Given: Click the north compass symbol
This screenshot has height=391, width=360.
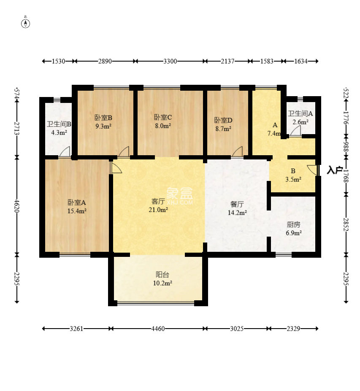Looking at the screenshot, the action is (x=25, y=24).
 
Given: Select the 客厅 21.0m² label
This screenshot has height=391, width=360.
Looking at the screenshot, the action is (x=158, y=205).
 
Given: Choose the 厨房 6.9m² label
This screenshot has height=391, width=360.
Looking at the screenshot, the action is (x=294, y=229).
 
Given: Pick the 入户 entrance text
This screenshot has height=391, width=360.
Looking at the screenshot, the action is (x=335, y=170).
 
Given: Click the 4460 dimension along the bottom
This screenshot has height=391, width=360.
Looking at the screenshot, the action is (x=158, y=329).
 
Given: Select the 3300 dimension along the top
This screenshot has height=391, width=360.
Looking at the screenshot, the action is (x=170, y=61).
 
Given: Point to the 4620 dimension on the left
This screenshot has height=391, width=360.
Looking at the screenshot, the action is (x=17, y=206).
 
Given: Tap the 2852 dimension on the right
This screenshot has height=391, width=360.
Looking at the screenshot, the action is (x=346, y=224).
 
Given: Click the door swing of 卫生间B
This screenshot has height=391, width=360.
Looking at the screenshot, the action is (x=65, y=151).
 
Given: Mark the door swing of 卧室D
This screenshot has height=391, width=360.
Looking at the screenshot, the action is (x=237, y=151).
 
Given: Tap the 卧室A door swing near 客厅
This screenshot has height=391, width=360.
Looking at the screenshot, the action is (x=116, y=167).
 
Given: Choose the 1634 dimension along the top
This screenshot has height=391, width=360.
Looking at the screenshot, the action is (x=301, y=61).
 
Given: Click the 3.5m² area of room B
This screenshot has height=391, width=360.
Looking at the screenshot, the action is (x=293, y=179).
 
